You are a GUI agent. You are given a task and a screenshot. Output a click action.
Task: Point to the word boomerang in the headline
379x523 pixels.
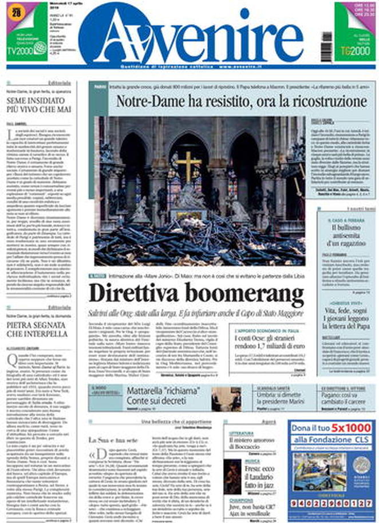click(252, 295)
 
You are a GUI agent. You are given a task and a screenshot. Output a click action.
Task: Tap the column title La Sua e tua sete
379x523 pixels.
click(106, 439)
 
